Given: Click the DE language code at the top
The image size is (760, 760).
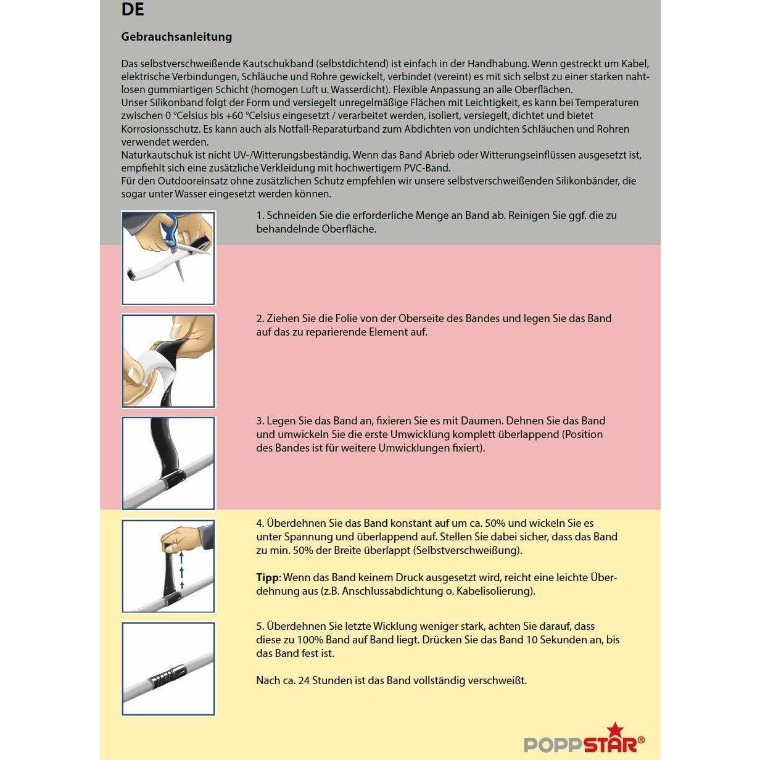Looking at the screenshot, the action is [133, 9].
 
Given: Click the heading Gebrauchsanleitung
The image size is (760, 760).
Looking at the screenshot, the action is [176, 36].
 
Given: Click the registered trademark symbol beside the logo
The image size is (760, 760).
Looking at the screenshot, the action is [641, 740].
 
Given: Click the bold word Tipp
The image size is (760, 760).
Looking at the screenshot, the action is [267, 578].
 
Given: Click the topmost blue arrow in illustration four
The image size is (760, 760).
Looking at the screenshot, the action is [181, 557].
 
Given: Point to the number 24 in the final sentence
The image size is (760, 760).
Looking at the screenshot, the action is [304, 680].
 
